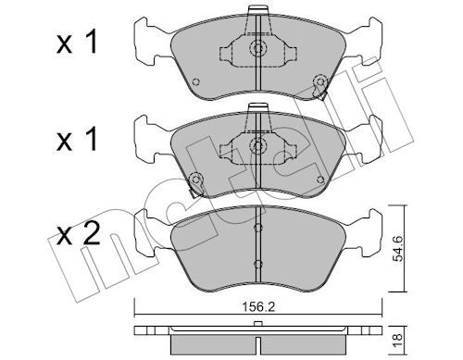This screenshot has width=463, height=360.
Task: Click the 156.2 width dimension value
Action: [258, 306]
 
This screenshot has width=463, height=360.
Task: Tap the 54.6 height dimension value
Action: [398, 249]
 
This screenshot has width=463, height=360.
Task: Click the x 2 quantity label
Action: [79, 234]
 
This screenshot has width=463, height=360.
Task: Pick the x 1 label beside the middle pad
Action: [77, 140]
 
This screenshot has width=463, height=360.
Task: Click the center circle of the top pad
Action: [257, 48]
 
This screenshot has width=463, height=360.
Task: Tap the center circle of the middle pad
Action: [257, 145]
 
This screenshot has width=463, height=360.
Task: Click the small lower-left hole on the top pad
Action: [195, 81]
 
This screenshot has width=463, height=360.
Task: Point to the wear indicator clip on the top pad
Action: [319, 86]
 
